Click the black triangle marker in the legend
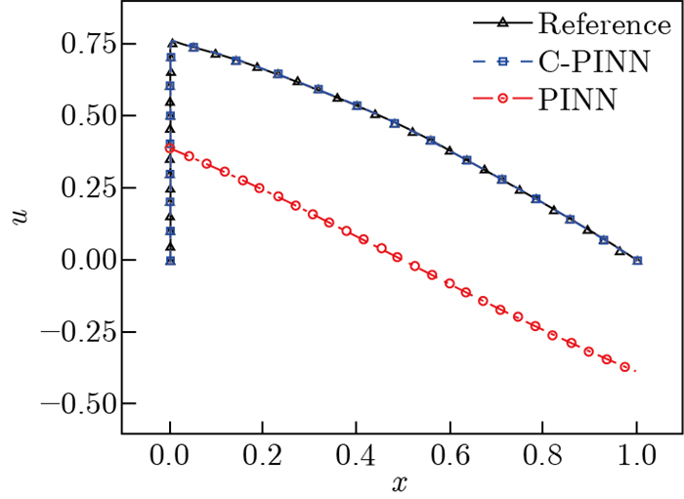click(512, 22)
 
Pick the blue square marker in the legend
click(512, 62)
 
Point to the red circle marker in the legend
click(512, 100)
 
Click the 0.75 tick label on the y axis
click(72, 44)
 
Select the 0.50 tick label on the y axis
click(72, 115)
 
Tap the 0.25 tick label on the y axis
click(72, 187)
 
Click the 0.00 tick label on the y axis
click(72, 260)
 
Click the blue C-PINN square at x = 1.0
click(637, 260)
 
